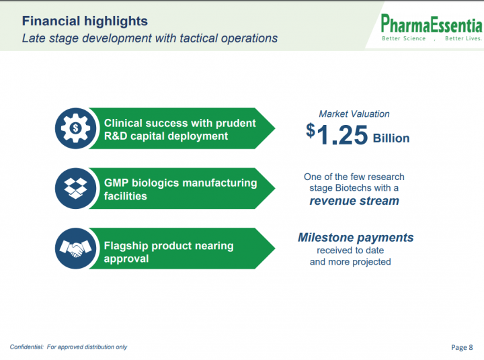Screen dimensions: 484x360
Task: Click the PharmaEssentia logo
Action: (431, 27)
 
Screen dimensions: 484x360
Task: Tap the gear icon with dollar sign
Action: (75, 128)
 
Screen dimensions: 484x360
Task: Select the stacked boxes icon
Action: (75, 188)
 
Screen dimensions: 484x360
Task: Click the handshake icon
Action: (75, 249)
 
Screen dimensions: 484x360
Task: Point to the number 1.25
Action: (342, 135)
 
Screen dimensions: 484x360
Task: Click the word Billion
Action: (391, 138)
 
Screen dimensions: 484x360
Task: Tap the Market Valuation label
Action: (354, 114)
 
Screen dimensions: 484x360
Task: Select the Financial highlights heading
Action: (85, 21)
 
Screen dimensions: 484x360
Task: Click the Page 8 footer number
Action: (462, 347)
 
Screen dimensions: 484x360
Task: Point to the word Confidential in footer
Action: (26, 347)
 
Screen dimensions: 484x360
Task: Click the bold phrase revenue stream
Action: (354, 201)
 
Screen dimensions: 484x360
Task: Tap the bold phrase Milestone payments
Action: (356, 238)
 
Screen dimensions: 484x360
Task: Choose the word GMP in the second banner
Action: (116, 183)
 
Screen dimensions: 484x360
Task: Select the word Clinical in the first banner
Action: (122, 123)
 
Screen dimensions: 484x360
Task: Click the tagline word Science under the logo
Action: (414, 38)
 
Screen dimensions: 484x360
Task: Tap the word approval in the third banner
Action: (126, 259)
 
